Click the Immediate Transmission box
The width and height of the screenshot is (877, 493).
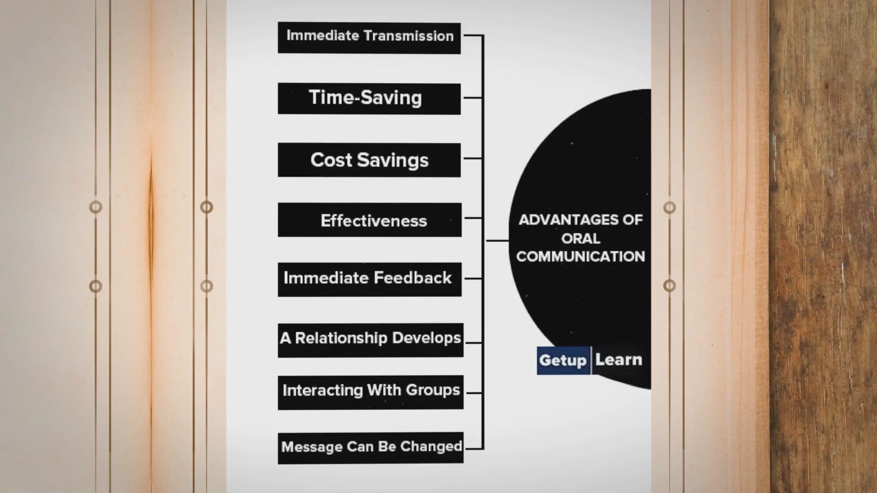(369, 38)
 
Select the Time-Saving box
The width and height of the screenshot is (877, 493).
(369, 99)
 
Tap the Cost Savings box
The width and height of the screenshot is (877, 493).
(369, 160)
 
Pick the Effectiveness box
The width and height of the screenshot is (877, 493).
(370, 220)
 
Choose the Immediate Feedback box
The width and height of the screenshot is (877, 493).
(370, 279)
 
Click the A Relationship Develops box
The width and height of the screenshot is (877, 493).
(370, 341)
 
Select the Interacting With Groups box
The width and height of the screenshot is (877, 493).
(370, 393)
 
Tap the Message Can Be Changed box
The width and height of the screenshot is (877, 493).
(370, 448)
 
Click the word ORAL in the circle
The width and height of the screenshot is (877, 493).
(581, 238)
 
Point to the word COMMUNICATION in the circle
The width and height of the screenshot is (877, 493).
(581, 257)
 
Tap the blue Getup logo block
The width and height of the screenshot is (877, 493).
(563, 361)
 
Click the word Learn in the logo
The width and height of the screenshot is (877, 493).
(618, 360)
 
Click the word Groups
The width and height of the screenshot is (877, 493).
(433, 391)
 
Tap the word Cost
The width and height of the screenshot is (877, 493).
(331, 160)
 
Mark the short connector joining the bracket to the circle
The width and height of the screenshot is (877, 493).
(497, 240)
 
